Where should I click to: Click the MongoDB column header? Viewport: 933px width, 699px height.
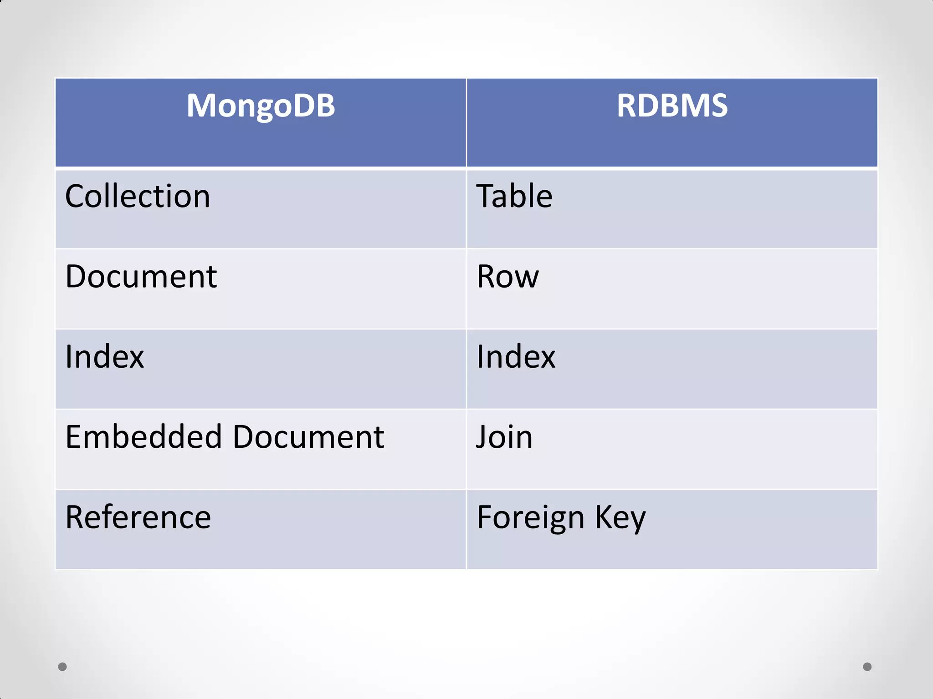tap(261, 106)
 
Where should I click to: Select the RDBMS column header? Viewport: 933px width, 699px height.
tap(672, 106)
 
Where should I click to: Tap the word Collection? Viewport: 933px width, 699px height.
tap(138, 197)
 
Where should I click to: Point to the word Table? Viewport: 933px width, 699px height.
tap(514, 197)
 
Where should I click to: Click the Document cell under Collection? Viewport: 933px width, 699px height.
tap(141, 277)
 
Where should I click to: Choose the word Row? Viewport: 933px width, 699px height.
tap(508, 277)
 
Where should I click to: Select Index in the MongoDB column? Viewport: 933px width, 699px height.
tap(104, 357)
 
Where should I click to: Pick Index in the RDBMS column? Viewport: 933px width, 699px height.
tap(516, 357)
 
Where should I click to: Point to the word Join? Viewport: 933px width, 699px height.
tap(504, 437)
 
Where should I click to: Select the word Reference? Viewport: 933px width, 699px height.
tap(138, 517)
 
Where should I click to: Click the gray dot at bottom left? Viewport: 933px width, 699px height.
tap(62, 667)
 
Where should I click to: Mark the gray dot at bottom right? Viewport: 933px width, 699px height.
tap(867, 667)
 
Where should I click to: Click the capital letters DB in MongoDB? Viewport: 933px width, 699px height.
tap(314, 106)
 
